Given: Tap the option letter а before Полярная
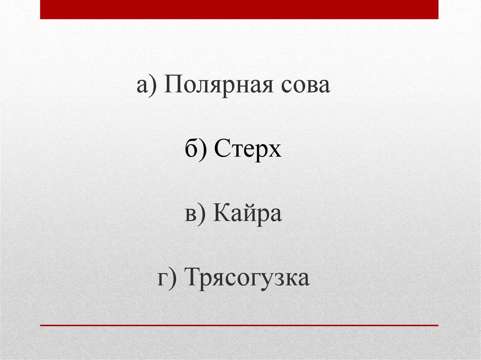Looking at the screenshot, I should click(143, 87).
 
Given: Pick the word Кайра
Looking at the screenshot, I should click(248, 214).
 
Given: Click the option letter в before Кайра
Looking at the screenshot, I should click(190, 215).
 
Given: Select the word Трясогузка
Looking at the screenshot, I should click(247, 278).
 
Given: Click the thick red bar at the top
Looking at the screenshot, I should click(239, 9).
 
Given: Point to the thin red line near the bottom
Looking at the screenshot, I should click(239, 325).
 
